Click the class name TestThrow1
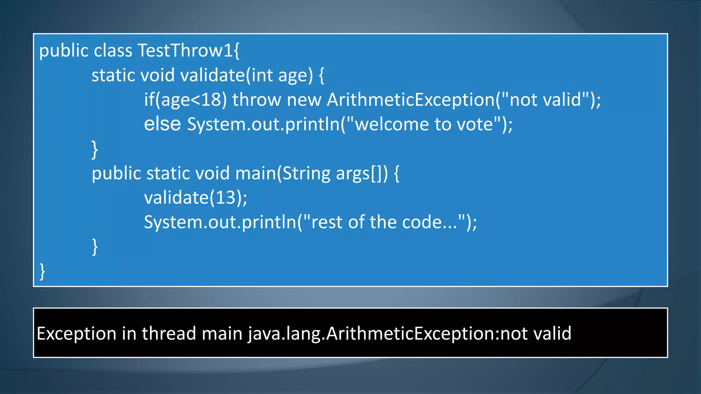pyautogui.click(x=185, y=51)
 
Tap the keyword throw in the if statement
pyautogui.click(x=256, y=100)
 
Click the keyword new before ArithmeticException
pyautogui.click(x=304, y=100)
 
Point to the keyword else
pyautogui.click(x=162, y=124)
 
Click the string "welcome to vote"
pyautogui.click(x=424, y=124)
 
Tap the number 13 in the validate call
pyautogui.click(x=226, y=198)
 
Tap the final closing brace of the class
pyautogui.click(x=42, y=272)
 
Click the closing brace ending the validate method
pyautogui.click(x=95, y=149)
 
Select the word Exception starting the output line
pyautogui.click(x=76, y=333)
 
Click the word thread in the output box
pyautogui.click(x=169, y=333)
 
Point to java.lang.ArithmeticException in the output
pyautogui.click(x=371, y=333)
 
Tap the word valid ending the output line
pyautogui.click(x=552, y=333)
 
